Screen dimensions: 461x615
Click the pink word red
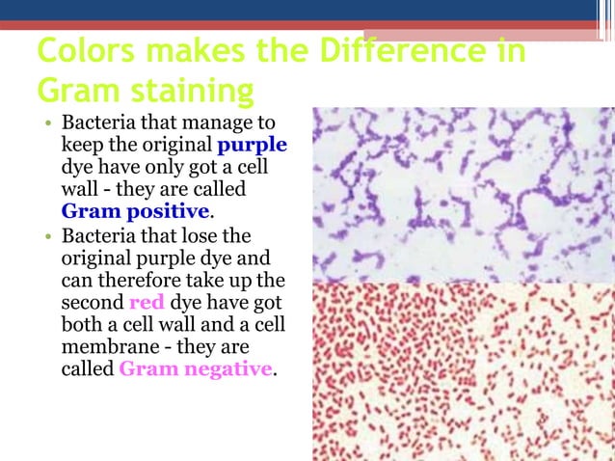147,305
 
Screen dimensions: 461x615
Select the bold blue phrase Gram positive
135,210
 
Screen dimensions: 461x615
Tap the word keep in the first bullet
82,146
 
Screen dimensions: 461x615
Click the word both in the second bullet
81,326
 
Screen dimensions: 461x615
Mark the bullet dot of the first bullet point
45,125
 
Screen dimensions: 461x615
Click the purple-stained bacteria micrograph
463,193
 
